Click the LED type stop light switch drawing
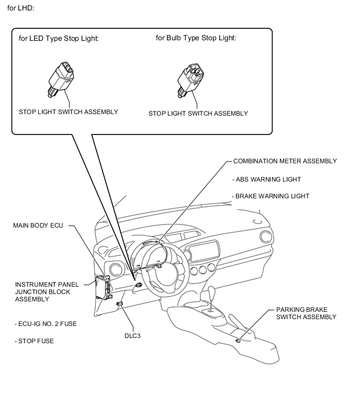click(61, 80)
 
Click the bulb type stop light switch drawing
click(190, 81)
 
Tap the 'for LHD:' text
click(20, 8)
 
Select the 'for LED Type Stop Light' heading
click(59, 38)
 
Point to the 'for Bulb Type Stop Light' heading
click(196, 38)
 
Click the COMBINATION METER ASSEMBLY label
click(285, 161)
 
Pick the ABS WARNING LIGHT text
click(266, 179)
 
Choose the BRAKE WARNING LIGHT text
click(271, 196)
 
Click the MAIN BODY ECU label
click(38, 225)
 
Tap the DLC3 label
click(132, 336)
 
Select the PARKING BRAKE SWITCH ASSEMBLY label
click(306, 313)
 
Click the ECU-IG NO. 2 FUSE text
click(46, 324)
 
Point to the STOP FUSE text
click(34, 341)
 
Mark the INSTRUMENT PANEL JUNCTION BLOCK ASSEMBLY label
click(47, 292)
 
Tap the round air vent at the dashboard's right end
click(266, 237)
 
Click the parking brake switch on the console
click(238, 341)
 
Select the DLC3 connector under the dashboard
click(119, 304)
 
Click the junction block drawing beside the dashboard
click(103, 287)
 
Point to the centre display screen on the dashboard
click(204, 251)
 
